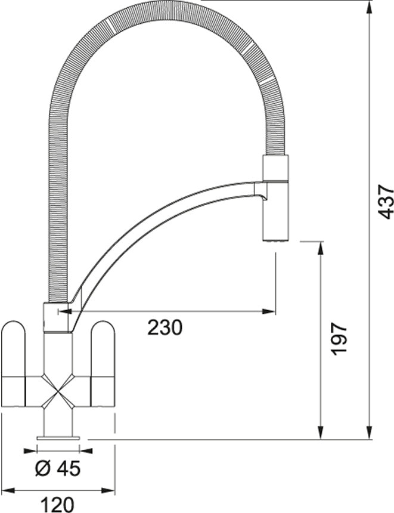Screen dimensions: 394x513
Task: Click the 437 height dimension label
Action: (385, 202)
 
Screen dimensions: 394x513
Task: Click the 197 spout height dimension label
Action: (339, 339)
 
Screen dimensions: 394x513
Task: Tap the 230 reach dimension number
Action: (165, 327)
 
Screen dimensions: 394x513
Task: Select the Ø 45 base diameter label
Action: (58, 469)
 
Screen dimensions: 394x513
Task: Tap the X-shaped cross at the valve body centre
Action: (58, 391)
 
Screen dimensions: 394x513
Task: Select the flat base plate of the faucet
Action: (58, 437)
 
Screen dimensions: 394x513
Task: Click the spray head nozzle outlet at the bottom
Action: (275, 241)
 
